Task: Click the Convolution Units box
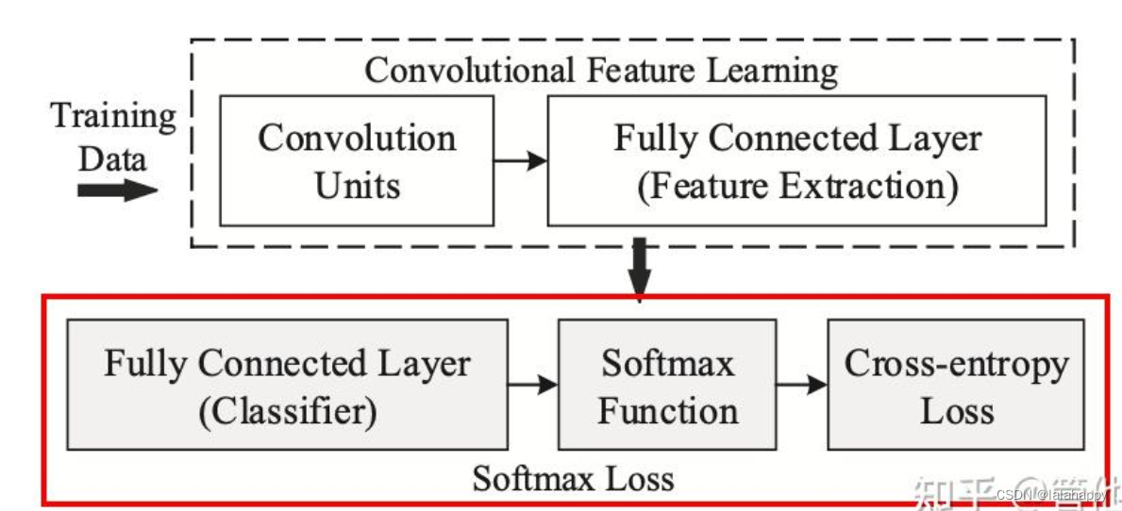(x=357, y=160)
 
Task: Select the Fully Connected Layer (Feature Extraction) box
(x=797, y=160)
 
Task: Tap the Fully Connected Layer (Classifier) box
(x=287, y=385)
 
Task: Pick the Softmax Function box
(x=667, y=385)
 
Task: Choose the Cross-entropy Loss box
(x=955, y=385)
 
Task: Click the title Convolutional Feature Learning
(x=601, y=71)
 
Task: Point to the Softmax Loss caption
(x=573, y=478)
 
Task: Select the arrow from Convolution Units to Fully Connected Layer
(x=520, y=160)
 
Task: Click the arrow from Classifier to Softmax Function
(x=532, y=385)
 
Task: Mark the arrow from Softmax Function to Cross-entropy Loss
(x=802, y=385)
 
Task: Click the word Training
(x=113, y=117)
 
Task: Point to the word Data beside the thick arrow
(x=112, y=157)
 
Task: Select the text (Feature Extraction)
(x=797, y=186)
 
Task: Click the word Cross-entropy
(x=956, y=364)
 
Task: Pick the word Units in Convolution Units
(x=357, y=186)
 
